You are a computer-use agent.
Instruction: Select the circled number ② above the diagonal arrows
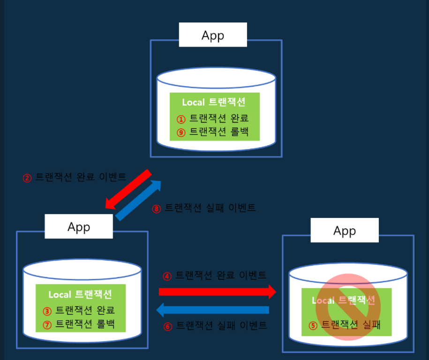click(27, 178)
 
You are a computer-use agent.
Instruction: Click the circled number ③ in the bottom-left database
click(47, 311)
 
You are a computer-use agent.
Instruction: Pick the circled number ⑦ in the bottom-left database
click(47, 324)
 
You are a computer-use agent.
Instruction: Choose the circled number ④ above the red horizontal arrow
click(167, 277)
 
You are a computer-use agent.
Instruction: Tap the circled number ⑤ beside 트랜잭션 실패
click(313, 324)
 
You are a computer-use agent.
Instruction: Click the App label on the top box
click(213, 36)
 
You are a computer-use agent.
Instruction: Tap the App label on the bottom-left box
click(79, 227)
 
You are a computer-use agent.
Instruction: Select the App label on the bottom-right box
click(345, 231)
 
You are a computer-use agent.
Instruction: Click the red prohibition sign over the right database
click(348, 307)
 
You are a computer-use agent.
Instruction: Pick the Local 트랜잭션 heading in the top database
click(214, 102)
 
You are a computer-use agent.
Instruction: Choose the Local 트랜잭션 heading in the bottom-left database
click(80, 295)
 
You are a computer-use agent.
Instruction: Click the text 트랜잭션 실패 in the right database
click(350, 324)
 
